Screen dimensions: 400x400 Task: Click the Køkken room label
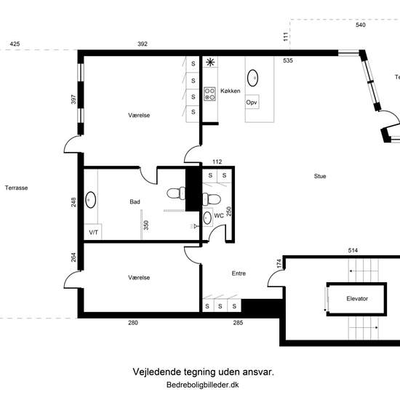click(231, 91)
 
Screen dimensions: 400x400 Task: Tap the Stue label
click(320, 176)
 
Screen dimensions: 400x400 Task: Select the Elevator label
click(357, 298)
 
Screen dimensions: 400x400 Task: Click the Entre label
click(239, 273)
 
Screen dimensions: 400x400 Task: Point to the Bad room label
click(135, 201)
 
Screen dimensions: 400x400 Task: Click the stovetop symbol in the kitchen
click(209, 94)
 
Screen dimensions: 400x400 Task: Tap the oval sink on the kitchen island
click(252, 78)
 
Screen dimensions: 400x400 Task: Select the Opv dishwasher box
click(252, 102)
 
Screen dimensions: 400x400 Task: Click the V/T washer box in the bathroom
click(93, 232)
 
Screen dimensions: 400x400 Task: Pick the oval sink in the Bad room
click(91, 200)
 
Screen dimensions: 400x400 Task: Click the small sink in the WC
click(207, 218)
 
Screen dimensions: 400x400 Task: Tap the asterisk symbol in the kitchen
click(210, 62)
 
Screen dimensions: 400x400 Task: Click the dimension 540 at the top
click(361, 25)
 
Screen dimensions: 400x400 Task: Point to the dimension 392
click(143, 44)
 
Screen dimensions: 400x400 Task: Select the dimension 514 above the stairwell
click(353, 250)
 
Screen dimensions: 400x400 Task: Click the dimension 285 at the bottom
click(238, 323)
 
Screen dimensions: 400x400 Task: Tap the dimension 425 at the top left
click(15, 44)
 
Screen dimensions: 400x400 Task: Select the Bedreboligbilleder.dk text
click(203, 385)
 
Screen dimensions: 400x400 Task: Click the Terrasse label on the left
click(16, 188)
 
